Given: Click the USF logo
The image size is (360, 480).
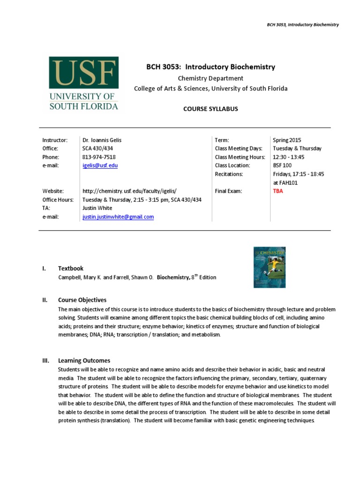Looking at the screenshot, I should (84, 83).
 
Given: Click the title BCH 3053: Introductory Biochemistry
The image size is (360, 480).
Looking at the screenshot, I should (210, 67).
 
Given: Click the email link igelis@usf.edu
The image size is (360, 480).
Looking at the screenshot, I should (100, 165).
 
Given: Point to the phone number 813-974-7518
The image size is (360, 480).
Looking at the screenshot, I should (99, 157).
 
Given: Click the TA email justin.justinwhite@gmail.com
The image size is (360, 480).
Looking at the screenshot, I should (118, 217).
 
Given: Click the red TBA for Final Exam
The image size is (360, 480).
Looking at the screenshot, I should (278, 191).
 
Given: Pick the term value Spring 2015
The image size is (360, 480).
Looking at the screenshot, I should (287, 140).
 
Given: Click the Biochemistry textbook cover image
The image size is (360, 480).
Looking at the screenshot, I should (269, 267).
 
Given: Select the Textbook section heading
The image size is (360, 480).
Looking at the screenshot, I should (71, 269).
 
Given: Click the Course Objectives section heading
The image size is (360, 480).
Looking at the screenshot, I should (82, 300).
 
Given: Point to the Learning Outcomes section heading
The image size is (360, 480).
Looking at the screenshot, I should (84, 360).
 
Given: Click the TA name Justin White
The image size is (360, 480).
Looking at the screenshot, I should (97, 208).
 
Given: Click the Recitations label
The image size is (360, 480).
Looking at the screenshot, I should (229, 174).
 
